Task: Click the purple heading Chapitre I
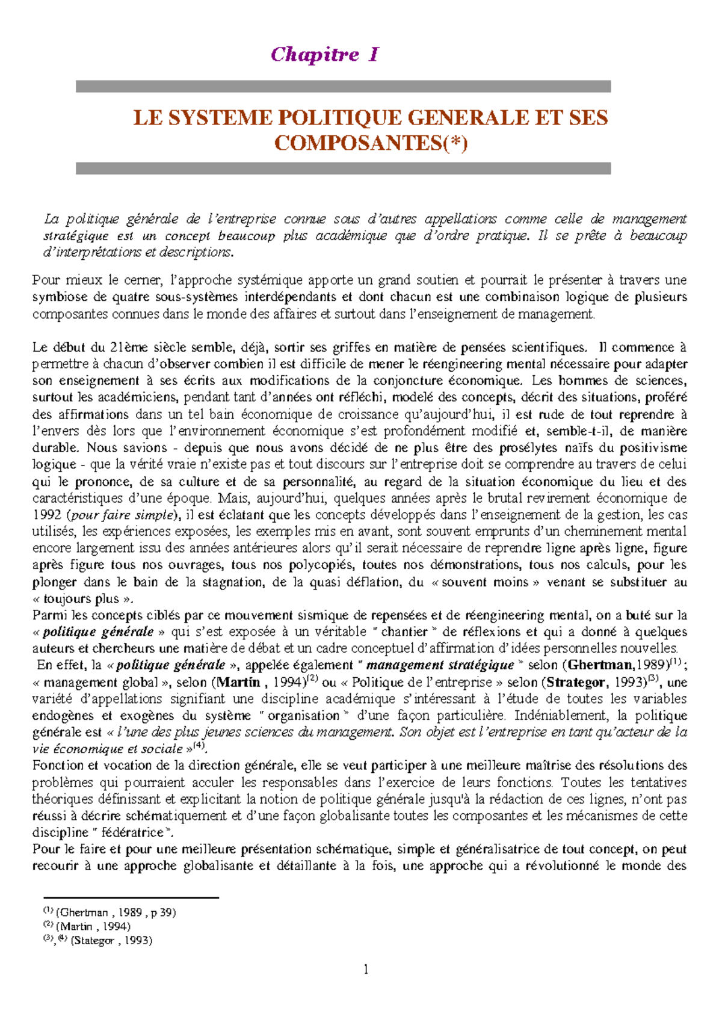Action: [x=325, y=55]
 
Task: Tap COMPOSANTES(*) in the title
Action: [x=371, y=143]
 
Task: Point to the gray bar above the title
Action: [x=343, y=87]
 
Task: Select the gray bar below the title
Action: [x=343, y=168]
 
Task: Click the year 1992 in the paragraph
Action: [x=47, y=515]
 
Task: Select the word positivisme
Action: [x=653, y=448]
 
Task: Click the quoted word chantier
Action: [x=404, y=632]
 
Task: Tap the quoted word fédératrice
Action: [x=132, y=833]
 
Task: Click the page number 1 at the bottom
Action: [x=366, y=969]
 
